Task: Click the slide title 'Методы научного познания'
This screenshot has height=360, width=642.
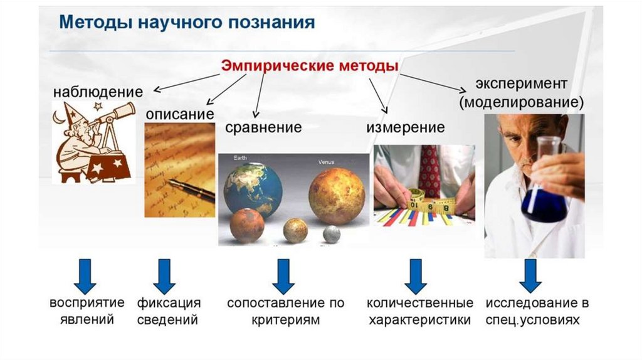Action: click(187, 23)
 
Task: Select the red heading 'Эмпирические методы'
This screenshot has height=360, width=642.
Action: click(310, 66)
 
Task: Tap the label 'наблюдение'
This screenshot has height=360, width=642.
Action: click(98, 92)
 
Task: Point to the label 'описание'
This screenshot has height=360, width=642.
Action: click(180, 114)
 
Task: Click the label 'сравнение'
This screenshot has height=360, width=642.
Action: click(263, 127)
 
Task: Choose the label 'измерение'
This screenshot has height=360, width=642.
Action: click(406, 127)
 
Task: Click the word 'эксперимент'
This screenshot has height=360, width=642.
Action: click(521, 83)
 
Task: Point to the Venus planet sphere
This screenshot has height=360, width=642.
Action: click(337, 196)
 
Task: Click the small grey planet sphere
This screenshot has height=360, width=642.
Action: click(332, 235)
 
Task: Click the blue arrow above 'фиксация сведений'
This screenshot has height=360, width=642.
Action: click(164, 277)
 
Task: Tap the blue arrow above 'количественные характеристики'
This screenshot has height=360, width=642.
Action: click(416, 277)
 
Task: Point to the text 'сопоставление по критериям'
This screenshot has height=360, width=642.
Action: click(286, 311)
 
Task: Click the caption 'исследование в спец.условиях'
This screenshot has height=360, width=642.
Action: click(537, 311)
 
